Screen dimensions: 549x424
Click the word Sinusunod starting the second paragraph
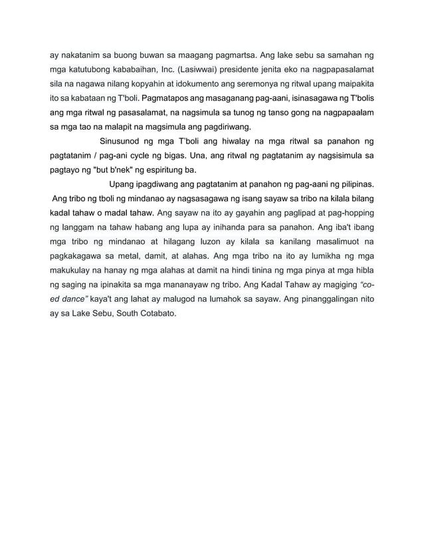coord(123,141)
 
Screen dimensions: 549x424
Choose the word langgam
coord(82,229)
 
